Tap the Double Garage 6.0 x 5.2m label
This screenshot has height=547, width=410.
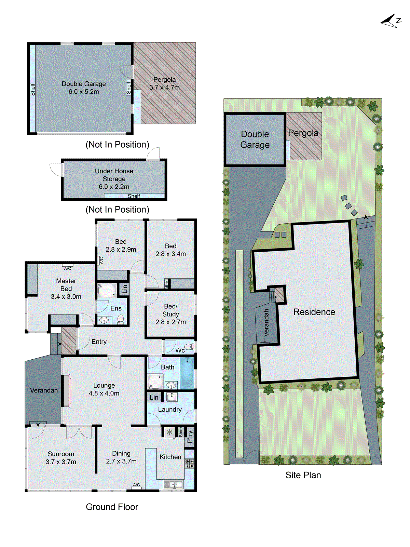(84, 88)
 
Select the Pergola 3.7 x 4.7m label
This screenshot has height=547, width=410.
(164, 83)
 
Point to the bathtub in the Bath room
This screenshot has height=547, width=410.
(187, 373)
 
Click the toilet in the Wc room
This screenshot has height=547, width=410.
(189, 347)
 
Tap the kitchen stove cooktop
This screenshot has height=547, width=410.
(189, 464)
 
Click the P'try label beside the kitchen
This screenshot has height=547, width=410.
(190, 437)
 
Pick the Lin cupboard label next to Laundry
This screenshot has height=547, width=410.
(154, 397)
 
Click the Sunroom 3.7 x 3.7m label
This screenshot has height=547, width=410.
(61, 458)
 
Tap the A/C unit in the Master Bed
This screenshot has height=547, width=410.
(68, 265)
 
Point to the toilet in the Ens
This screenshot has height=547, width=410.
(121, 319)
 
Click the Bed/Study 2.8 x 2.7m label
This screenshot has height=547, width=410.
(170, 314)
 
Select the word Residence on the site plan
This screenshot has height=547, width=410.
(314, 312)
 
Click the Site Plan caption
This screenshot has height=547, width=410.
(303, 475)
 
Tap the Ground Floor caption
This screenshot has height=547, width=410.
(112, 507)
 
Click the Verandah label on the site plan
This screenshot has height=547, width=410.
(266, 323)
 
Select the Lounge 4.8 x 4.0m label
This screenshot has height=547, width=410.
(104, 389)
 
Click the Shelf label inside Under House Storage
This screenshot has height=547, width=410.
(134, 196)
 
